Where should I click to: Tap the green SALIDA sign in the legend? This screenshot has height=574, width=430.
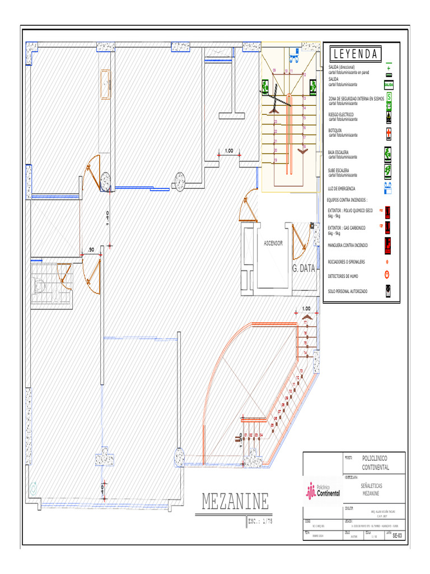pos(389,85)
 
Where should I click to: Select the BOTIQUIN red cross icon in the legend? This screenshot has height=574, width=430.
pos(389,133)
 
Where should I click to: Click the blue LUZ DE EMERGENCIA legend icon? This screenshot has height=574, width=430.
pos(388,187)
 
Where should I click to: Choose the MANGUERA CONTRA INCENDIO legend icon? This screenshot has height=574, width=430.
pos(388,244)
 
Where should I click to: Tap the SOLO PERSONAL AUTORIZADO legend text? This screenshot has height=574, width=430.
pos(348,291)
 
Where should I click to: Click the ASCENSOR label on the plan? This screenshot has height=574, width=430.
pos(273,243)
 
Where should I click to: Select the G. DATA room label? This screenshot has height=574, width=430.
pos(304,269)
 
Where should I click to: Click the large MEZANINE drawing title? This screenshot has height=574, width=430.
pos(235,502)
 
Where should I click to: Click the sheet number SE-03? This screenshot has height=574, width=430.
pos(397,535)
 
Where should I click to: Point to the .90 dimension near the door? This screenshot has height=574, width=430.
pos(90,249)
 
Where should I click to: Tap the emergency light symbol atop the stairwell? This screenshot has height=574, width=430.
pos(294,55)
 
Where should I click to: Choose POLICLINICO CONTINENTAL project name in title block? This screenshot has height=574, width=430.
pos(376,462)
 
